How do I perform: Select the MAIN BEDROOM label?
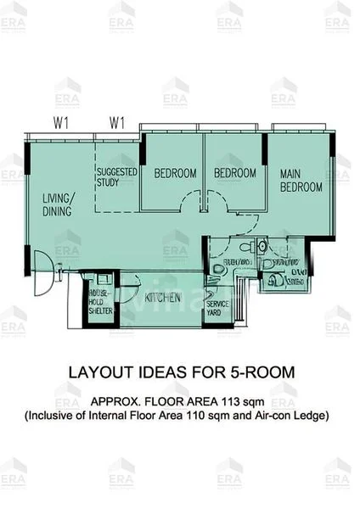tap(301, 180)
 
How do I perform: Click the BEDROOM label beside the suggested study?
tap(175, 173)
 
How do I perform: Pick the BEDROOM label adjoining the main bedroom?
tap(234, 173)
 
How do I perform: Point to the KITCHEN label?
tap(161, 299)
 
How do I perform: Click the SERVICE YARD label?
tap(218, 308)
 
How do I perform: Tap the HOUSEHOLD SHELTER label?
tap(101, 300)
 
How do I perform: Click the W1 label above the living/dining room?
tap(61, 123)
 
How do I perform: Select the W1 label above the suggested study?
tap(116, 123)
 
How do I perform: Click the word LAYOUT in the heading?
tap(95, 372)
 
